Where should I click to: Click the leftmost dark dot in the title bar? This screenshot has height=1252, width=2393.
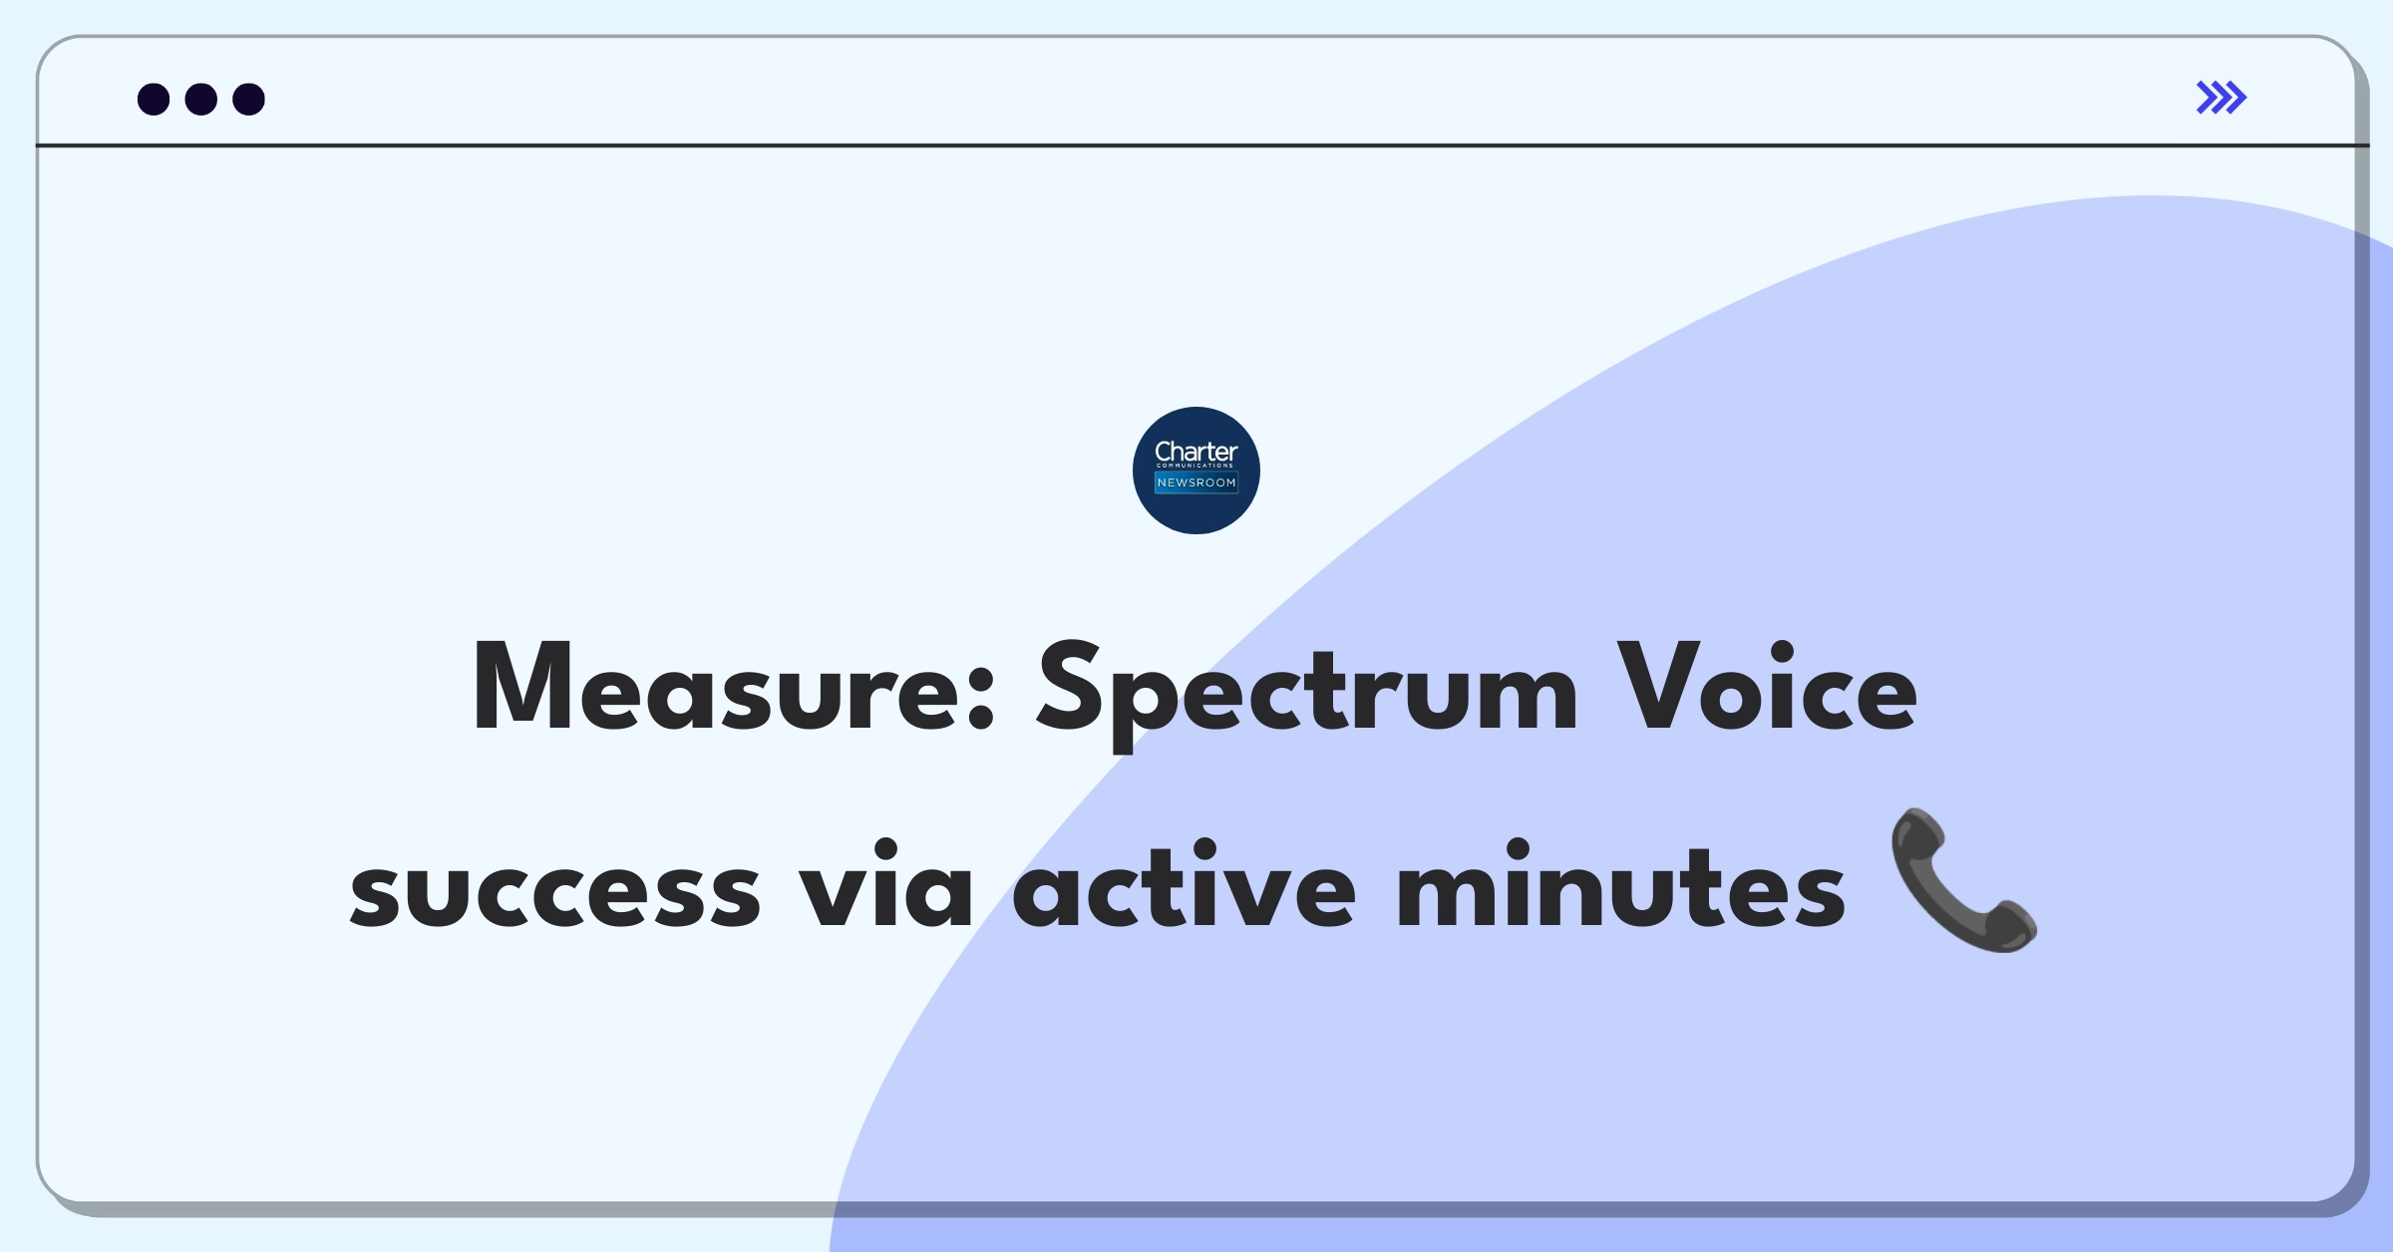coord(154,99)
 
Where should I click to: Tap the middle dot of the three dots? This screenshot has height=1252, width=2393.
coord(201,99)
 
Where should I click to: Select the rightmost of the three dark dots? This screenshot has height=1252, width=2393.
coord(249,99)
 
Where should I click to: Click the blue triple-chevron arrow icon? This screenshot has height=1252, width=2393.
coord(2222,98)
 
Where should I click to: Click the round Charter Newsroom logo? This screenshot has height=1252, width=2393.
coord(1196,470)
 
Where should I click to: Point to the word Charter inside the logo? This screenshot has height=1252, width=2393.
coord(1196,452)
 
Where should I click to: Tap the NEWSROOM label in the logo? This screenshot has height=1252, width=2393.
coord(1196,482)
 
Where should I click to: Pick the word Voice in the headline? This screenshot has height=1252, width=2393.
coord(1767,687)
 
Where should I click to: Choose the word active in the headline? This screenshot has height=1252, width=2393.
coord(1184,883)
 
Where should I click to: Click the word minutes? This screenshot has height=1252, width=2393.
coord(1621,883)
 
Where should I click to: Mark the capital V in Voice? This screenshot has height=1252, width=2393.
coord(1658,687)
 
